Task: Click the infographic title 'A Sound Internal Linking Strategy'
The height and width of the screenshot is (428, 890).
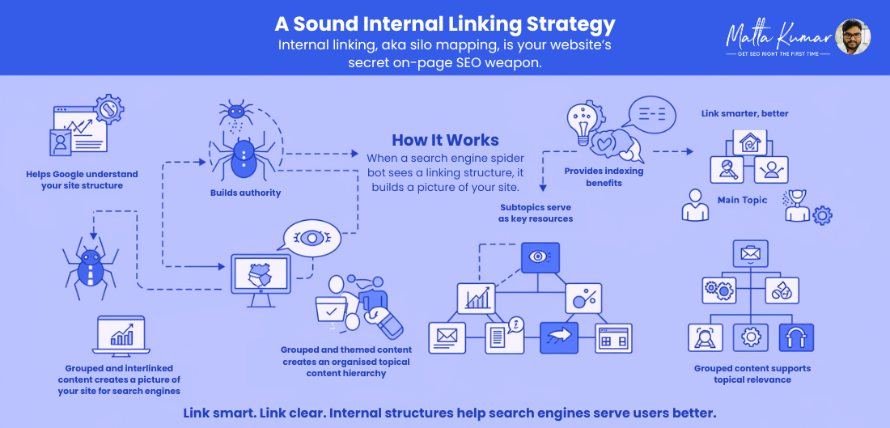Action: point(445,23)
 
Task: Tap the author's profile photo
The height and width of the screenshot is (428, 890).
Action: point(853,37)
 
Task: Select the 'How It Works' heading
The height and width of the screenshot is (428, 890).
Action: point(446,140)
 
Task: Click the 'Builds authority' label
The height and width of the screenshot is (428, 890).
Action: point(246,193)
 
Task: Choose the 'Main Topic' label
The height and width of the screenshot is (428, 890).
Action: point(742,200)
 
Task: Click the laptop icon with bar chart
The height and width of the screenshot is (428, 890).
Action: point(121,336)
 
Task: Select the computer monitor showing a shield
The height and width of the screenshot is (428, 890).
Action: point(261,279)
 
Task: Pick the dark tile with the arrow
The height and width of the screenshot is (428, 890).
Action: point(558,337)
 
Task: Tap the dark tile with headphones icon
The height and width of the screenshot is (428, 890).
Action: point(796,337)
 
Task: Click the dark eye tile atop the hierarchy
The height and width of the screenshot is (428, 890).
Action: point(540,257)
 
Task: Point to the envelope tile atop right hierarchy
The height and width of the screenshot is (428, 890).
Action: point(750,253)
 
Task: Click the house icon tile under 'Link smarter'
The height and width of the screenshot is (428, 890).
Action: point(749,142)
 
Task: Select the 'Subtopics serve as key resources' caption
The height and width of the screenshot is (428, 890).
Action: point(536,213)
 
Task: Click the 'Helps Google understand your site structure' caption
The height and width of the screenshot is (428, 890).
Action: point(82,180)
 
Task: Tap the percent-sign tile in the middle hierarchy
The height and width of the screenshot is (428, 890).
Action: point(583,298)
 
